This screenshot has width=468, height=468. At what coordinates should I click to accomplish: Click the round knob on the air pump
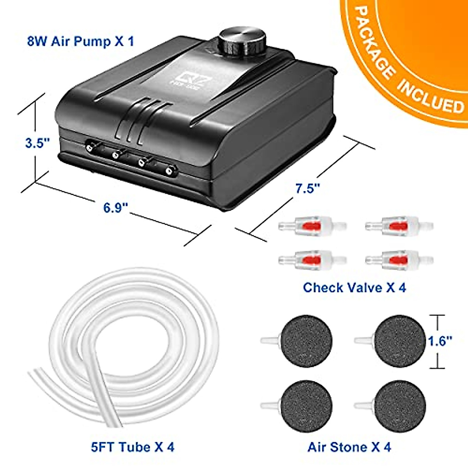(x=242, y=41)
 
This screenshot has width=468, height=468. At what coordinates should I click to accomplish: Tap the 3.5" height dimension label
(x=37, y=143)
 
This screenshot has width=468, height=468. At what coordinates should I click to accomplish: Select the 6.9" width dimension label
(x=116, y=208)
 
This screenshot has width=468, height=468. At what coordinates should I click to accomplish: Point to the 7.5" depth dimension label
(x=308, y=188)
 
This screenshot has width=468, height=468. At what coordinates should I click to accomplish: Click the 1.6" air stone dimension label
(x=440, y=341)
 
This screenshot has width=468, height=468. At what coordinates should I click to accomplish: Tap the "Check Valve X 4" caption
(x=354, y=287)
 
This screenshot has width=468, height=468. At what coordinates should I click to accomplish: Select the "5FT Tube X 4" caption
(x=133, y=447)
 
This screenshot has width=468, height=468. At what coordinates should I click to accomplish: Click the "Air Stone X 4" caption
(x=349, y=447)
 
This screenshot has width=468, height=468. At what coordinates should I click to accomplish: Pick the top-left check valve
(x=312, y=225)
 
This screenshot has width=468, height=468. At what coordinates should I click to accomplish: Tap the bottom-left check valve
(x=312, y=259)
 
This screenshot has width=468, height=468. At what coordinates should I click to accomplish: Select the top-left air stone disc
(x=306, y=341)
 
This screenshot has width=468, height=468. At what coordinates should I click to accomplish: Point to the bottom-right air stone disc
(x=400, y=406)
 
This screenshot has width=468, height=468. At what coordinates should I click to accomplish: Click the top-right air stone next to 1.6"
(x=400, y=341)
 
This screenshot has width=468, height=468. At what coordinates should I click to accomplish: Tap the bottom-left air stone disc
(x=306, y=406)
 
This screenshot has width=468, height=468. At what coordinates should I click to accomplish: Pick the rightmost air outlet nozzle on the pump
(x=169, y=170)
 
